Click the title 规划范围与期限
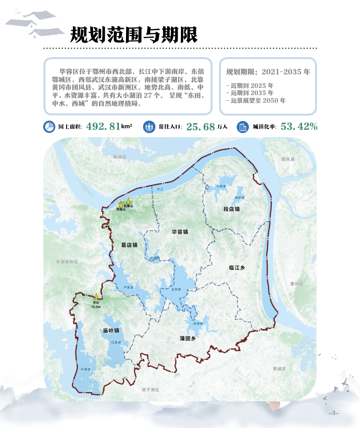point(134,34)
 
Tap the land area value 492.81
point(103,126)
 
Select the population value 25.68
point(201,127)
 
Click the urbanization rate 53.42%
point(299,126)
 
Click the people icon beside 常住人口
point(149,127)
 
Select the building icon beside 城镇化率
point(243,127)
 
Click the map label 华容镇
point(180,232)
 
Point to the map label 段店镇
point(231,209)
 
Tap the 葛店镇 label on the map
point(129,245)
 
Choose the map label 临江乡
point(237,268)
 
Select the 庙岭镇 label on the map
point(111,330)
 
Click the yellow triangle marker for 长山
point(96,296)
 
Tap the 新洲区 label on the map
point(120,157)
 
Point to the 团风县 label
point(288,159)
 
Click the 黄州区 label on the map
point(297,284)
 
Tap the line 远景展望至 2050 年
point(256,101)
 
